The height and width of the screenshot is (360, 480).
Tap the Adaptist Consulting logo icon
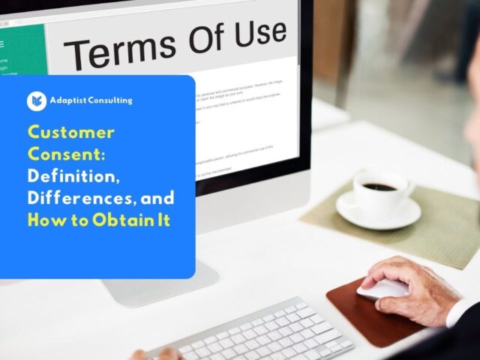(x=37, y=100)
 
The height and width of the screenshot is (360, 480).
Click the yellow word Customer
(x=71, y=133)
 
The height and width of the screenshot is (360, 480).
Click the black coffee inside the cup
(x=379, y=186)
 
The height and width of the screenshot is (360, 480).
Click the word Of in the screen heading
(x=203, y=40)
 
